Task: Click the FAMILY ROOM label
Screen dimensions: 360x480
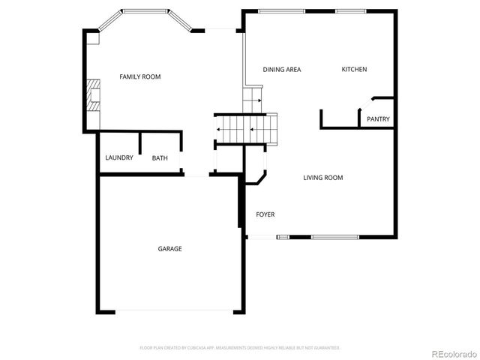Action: tap(140, 76)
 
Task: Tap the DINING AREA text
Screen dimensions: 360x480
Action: tap(282, 70)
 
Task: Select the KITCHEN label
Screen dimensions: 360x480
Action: tap(354, 70)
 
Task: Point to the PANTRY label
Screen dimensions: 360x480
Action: tap(378, 119)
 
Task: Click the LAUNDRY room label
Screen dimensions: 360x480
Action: tap(119, 157)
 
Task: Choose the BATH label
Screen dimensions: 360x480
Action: tap(160, 158)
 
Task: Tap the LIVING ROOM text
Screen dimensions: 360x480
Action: tap(322, 178)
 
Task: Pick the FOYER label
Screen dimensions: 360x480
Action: tap(265, 214)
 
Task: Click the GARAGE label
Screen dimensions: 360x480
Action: tap(169, 249)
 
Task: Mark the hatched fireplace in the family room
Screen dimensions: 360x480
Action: tap(91, 95)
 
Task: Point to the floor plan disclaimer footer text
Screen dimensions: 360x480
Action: tap(240, 348)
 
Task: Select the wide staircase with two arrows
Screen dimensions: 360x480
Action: tap(246, 129)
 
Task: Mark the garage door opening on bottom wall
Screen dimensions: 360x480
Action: tap(169, 311)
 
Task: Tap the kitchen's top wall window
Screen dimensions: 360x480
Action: tap(351, 10)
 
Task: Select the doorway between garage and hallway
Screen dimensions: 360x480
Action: tap(196, 175)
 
